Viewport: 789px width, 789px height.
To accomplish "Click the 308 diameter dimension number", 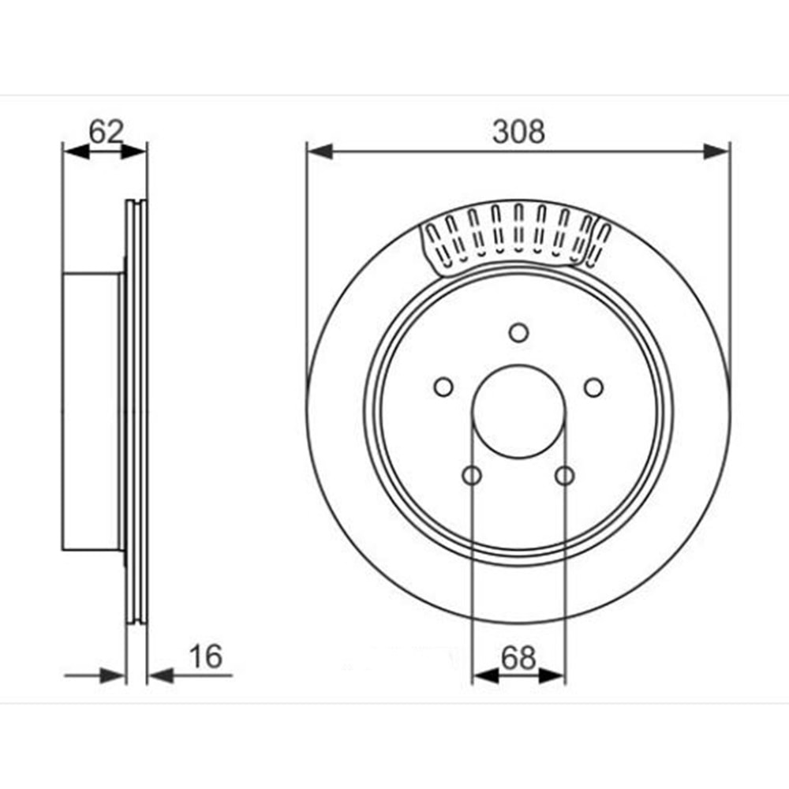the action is [x=518, y=132].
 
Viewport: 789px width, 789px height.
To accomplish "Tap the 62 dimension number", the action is [x=106, y=132].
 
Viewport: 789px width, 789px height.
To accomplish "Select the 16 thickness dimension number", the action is [x=205, y=656].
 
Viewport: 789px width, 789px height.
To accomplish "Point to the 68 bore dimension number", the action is [x=518, y=658].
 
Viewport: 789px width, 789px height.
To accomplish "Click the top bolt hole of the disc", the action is [x=518, y=333].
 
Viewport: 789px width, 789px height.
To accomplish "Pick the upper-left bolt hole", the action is [x=443, y=387].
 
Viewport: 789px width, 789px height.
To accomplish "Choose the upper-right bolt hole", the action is [x=594, y=387].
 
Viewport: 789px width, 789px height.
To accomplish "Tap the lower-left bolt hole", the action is [x=472, y=476].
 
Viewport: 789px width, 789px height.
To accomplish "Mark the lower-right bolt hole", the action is [x=565, y=476].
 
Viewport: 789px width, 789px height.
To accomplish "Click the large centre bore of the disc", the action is [x=518, y=412].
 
